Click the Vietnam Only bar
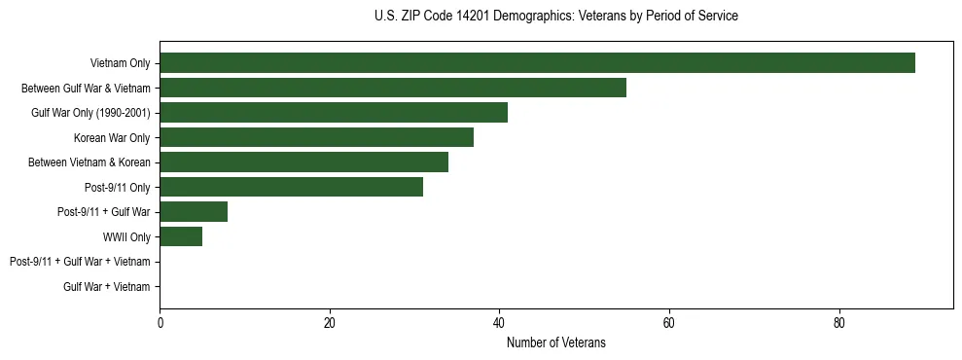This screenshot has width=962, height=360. [x=537, y=63]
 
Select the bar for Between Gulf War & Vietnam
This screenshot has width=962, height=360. [x=393, y=88]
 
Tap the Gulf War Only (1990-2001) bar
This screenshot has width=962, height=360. [x=334, y=113]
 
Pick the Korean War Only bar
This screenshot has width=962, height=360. [x=316, y=137]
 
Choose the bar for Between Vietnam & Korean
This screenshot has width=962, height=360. [x=303, y=162]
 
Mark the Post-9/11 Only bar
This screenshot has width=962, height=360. [x=291, y=187]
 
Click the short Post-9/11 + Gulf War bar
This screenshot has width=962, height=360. [x=194, y=212]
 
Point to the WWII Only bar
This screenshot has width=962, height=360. [x=181, y=236]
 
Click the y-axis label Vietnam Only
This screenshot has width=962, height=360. [x=120, y=63]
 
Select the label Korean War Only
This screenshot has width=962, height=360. [x=112, y=138]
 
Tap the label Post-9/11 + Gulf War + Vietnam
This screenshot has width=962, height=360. [x=80, y=262]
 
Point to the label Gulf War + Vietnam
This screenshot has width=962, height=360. [x=107, y=287]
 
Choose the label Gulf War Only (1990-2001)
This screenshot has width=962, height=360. [x=90, y=113]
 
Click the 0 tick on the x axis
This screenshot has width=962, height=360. [x=160, y=324]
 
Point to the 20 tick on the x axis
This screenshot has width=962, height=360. [x=330, y=324]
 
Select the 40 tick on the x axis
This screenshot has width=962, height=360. [x=499, y=324]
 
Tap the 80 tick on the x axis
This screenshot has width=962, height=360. [x=838, y=324]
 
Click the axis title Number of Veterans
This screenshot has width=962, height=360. [x=555, y=342]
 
